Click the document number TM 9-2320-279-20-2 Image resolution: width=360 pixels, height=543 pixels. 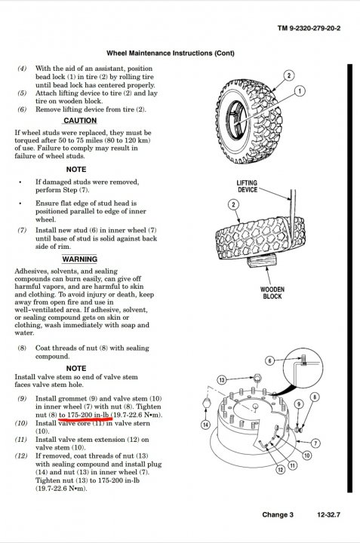[309, 28]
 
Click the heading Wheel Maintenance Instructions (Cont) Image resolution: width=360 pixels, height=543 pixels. [171, 54]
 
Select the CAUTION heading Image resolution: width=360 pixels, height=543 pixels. [80, 121]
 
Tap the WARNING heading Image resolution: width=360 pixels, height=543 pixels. [80, 259]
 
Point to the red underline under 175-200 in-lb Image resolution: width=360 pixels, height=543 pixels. [85, 419]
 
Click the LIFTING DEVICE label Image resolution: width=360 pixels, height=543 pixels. [247, 186]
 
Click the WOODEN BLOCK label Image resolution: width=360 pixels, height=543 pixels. [272, 293]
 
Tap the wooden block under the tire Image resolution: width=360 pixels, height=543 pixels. [262, 260]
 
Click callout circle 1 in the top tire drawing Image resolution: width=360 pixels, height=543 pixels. [300, 91]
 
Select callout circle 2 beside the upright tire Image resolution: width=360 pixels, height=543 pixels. [289, 75]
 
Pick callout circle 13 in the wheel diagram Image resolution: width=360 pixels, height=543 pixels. [222, 380]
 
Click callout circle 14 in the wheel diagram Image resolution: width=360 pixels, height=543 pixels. [206, 425]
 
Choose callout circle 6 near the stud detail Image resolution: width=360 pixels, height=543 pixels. [270, 360]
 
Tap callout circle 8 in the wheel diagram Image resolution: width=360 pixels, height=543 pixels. [314, 397]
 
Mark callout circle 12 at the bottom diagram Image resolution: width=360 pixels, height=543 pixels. [280, 470]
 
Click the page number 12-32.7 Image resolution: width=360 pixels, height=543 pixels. [328, 514]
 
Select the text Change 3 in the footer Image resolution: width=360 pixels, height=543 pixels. [278, 514]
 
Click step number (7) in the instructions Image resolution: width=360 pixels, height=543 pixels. [22, 230]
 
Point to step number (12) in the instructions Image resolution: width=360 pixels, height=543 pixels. [21, 456]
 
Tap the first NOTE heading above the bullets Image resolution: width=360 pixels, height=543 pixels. [76, 170]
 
